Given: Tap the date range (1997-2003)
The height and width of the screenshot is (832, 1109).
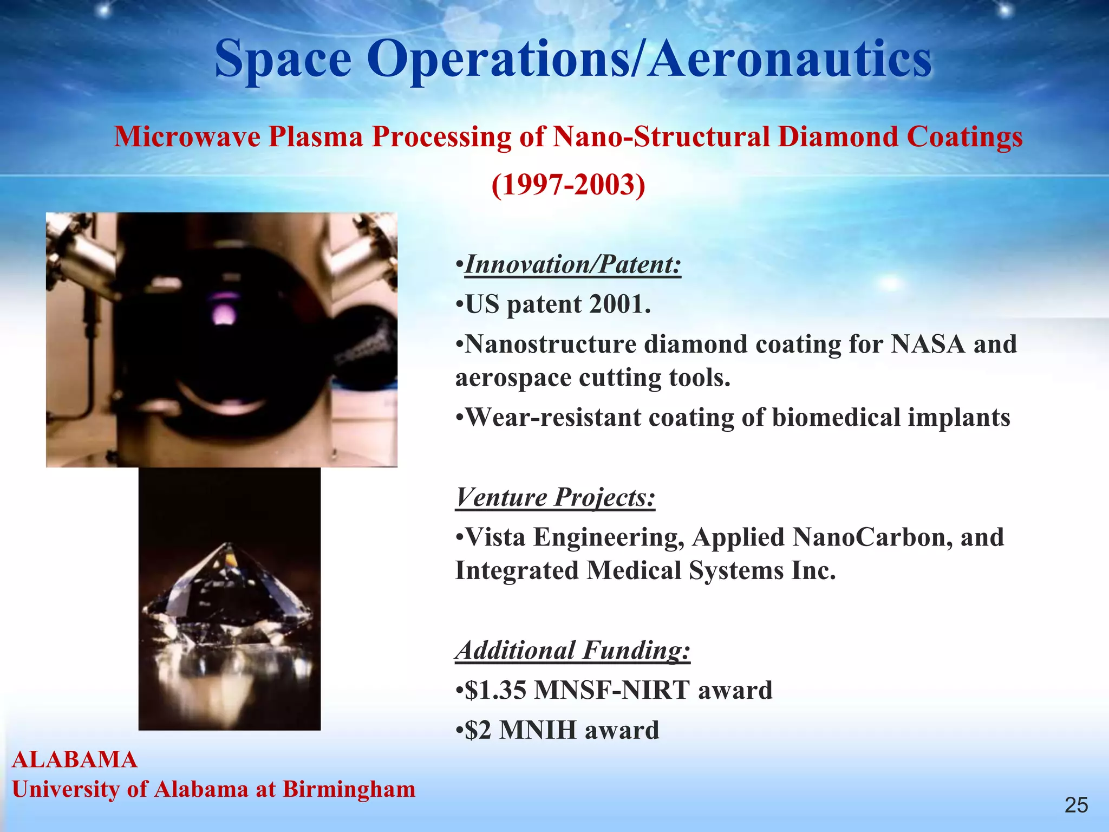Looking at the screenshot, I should point(568,185).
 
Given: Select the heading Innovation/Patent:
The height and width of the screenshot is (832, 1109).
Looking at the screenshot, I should point(573,265).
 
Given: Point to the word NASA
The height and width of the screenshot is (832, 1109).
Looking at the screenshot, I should point(928,344).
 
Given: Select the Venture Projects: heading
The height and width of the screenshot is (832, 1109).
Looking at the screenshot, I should point(555,497).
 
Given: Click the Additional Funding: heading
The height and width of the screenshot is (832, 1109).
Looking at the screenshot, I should point(573,651).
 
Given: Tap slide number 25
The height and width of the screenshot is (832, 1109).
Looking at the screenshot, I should point(1076,805).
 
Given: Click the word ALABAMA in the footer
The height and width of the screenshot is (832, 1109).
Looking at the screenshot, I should point(75,759).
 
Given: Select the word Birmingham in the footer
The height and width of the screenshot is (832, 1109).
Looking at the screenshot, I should point(349,789).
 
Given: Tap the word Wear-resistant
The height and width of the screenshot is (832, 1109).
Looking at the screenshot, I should point(552,418).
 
